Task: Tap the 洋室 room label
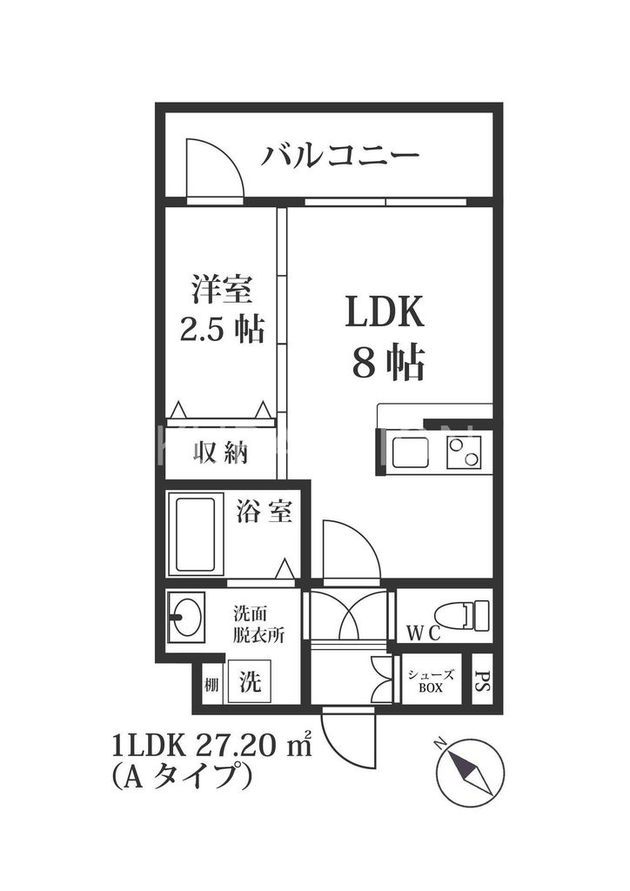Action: click(x=222, y=288)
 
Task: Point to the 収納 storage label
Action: click(x=221, y=452)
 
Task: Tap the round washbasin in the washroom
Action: click(x=186, y=617)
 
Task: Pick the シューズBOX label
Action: click(x=429, y=680)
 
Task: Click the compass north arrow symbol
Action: click(x=467, y=770)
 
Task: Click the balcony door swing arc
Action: click(x=218, y=163)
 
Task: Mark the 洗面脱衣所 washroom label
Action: click(x=258, y=623)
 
